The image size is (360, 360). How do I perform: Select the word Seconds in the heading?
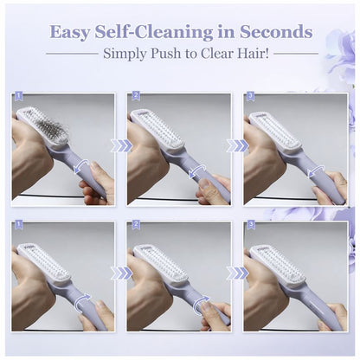tap(275, 33)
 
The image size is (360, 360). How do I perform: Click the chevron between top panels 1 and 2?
tap(122, 145)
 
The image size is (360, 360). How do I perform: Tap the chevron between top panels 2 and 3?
tap(237, 145)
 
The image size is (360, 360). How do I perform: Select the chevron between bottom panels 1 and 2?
tap(122, 273)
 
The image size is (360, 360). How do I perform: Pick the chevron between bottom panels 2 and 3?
tap(237, 273)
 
